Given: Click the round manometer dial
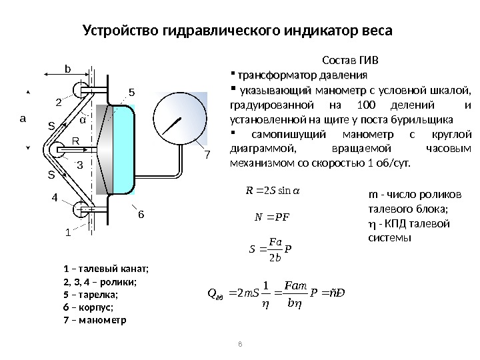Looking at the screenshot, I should [x=177, y=123].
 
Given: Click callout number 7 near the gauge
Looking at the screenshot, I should [x=207, y=155].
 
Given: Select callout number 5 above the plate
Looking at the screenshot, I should [x=131, y=91].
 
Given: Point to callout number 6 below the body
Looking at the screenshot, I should [x=141, y=215].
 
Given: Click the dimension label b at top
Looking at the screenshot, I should [x=67, y=68].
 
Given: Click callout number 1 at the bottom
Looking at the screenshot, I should [x=67, y=233].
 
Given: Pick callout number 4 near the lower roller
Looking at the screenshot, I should [x=55, y=198].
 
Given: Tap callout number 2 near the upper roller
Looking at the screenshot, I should [x=57, y=103].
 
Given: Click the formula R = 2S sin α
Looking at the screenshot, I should [x=273, y=193].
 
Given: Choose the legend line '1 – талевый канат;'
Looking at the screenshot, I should [x=105, y=269].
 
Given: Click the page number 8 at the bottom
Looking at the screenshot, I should [x=240, y=344].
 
